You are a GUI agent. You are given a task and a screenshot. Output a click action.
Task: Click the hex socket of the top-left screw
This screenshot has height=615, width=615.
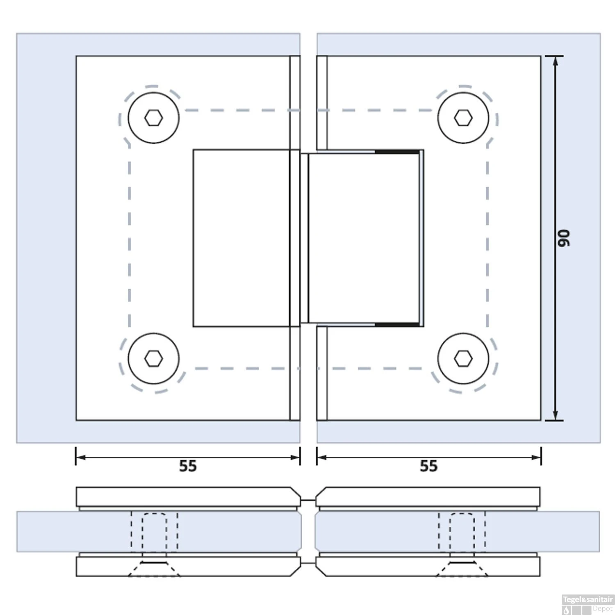pyautogui.click(x=153, y=118)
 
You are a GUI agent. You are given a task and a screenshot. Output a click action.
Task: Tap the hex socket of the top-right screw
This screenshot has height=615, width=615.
pyautogui.click(x=463, y=118)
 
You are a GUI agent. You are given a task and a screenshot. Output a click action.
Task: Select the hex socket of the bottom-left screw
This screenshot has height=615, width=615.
pyautogui.click(x=153, y=359)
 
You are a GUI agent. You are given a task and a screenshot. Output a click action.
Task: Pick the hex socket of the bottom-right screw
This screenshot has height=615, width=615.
pyautogui.click(x=463, y=359)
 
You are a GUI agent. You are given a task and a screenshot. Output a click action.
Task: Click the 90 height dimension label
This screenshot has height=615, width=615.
pyautogui.click(x=564, y=238)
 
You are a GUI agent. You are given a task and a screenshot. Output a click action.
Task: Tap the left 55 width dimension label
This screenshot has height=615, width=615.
pyautogui.click(x=188, y=466)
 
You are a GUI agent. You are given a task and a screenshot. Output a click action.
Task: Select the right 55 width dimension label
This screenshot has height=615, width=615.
pyautogui.click(x=428, y=466)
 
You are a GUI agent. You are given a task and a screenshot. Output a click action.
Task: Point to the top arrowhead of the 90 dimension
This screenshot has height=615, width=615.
pyautogui.click(x=556, y=60)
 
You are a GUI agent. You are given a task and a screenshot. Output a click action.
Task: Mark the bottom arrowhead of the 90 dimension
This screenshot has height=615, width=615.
pyautogui.click(x=556, y=416)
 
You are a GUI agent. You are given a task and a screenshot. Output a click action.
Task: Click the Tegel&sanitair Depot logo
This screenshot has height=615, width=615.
pyautogui.click(x=587, y=604)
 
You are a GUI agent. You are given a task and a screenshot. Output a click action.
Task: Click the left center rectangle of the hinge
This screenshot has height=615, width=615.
pyautogui.click(x=241, y=238)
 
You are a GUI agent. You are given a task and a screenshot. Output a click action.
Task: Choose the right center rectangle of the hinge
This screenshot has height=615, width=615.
pyautogui.click(x=363, y=238)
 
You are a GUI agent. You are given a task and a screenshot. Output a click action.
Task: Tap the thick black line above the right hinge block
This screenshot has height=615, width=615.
pyautogui.click(x=397, y=152)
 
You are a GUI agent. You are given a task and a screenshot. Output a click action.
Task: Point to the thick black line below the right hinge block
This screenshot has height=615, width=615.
pyautogui.click(x=397, y=325)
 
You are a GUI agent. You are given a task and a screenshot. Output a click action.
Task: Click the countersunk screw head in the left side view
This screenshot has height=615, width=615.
pyautogui.click(x=154, y=568)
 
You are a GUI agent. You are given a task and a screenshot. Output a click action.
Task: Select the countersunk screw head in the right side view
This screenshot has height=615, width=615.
pyautogui.click(x=462, y=568)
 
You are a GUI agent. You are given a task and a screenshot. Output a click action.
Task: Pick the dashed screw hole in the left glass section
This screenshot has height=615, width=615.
pyautogui.click(x=154, y=531)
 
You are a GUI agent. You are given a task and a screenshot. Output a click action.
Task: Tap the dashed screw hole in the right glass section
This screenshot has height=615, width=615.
pyautogui.click(x=462, y=531)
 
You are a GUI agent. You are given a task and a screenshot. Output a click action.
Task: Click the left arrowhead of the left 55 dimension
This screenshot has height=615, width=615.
pyautogui.click(x=80, y=457)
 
